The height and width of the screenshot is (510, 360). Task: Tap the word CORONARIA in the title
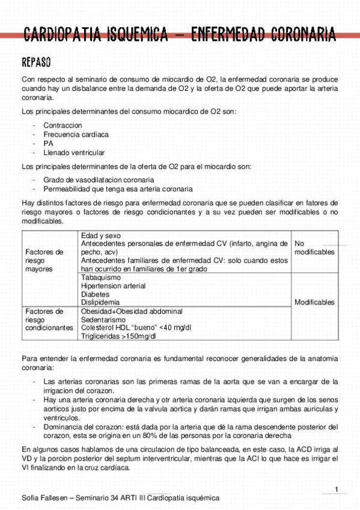pos(295,35)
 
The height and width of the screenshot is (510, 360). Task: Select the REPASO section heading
pos(35,63)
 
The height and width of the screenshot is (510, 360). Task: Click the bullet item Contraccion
pos(63,126)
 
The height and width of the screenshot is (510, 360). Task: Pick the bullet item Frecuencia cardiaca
pos(76,135)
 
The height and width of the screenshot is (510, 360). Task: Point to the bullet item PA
pos(48,144)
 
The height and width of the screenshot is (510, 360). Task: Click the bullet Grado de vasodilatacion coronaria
pos(99,180)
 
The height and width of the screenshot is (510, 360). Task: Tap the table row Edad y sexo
pos(100,235)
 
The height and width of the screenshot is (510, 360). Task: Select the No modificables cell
pos(314,248)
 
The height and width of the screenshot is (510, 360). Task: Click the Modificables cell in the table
pos(314,303)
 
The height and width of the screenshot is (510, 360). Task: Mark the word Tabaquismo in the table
pos(100,278)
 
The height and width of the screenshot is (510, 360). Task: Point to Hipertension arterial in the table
pos(113,286)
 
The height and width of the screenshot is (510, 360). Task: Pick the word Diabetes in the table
pos(95,295)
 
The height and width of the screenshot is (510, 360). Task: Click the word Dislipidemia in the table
pos(100,303)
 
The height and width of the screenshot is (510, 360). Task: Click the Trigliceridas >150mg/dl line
pos(118,336)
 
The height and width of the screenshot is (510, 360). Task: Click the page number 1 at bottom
pos(337,488)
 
